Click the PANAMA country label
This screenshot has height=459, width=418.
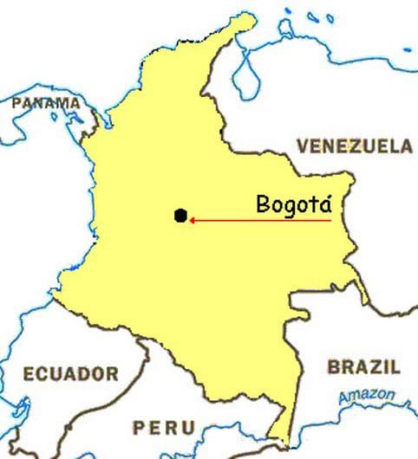click(x=46, y=103)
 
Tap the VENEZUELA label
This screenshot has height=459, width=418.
click(x=355, y=145)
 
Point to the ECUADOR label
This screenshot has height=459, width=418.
click(x=70, y=374)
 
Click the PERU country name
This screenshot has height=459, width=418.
click(x=162, y=427)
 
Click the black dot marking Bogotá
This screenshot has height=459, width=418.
click(x=180, y=216)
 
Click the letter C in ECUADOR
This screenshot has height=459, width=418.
click(x=43, y=374)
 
